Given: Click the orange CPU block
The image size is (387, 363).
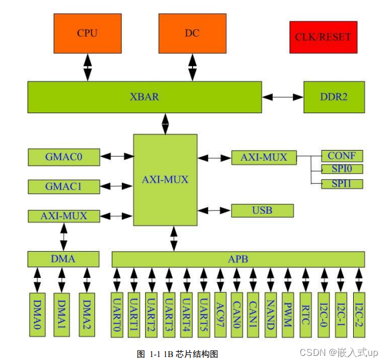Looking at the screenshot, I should pos(87,33).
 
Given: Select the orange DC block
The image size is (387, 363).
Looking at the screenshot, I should pos(192,33).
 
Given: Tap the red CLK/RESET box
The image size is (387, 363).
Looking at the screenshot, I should pos(323,37).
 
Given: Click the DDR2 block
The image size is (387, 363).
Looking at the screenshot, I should pos(333,97).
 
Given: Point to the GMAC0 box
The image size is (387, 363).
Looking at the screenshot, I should pos(64,157).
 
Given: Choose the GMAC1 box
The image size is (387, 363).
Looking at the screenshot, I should pos(64,186).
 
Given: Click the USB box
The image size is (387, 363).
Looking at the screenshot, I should pos(262,210).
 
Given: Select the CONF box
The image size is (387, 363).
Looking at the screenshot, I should pos(342,156).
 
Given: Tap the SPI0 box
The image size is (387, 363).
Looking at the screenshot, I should pos(342,170).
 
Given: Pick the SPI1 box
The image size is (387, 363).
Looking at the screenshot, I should pos(342,183).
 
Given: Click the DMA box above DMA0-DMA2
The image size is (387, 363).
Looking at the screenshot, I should pos(64,259).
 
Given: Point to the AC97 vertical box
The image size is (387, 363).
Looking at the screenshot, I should pos(220,311).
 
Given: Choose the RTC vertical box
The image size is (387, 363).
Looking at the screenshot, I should pos(306,311).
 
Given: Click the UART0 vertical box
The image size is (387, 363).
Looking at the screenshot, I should pos(117,311).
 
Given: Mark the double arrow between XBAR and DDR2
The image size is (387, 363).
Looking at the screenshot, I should pos(282,97).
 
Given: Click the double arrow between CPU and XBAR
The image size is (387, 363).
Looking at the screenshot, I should pos(87,67).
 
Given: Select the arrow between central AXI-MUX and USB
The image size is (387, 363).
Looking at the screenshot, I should pos(214,210).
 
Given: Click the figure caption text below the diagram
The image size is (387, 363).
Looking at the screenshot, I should pos(177,354).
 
